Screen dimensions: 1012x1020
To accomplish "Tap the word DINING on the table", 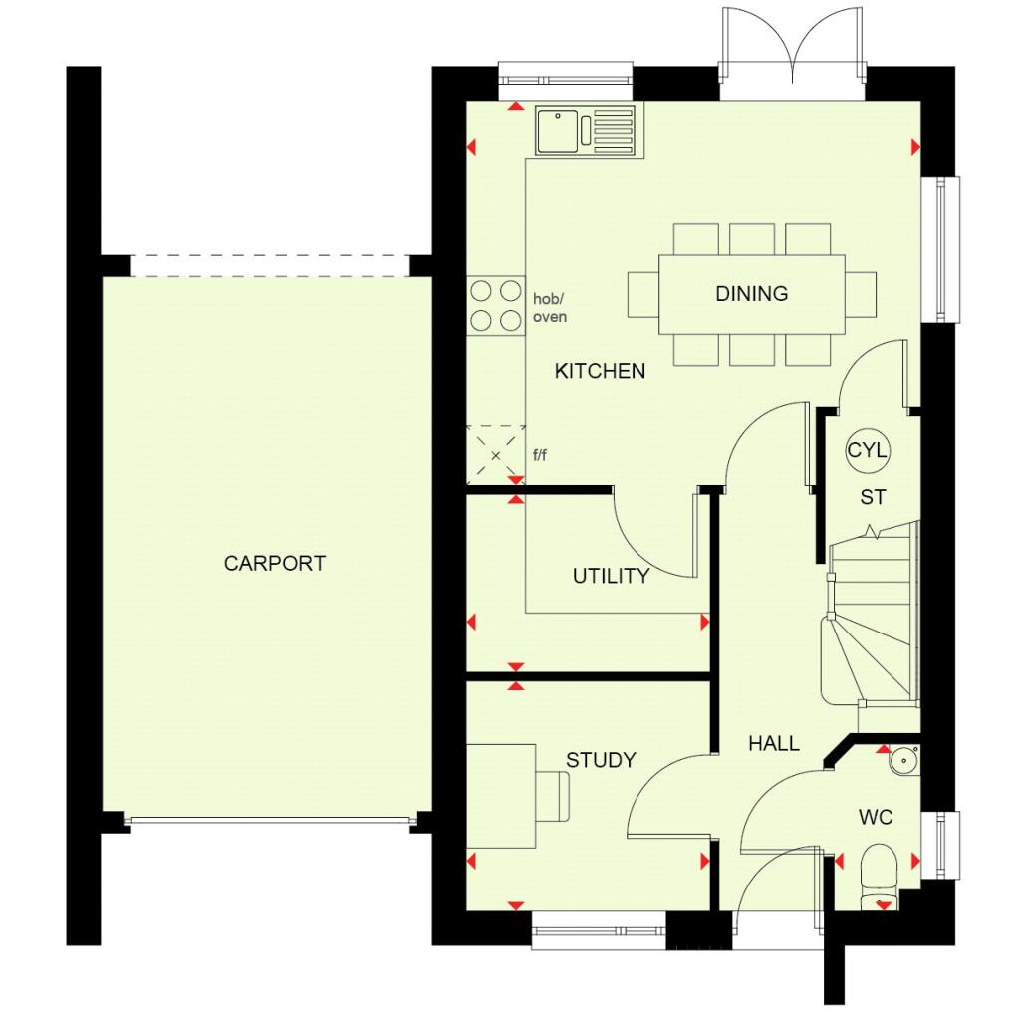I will pyautogui.click(x=751, y=294).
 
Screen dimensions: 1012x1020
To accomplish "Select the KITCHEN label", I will pyautogui.click(x=600, y=371).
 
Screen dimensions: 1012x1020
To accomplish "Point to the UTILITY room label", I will pyautogui.click(x=611, y=576).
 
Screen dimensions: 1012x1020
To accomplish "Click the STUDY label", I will pyautogui.click(x=601, y=760).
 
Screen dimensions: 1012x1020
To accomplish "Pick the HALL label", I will pyautogui.click(x=774, y=743).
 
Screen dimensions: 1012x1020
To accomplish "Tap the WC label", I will pyautogui.click(x=876, y=818).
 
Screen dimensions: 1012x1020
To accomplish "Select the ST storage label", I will pyautogui.click(x=873, y=496).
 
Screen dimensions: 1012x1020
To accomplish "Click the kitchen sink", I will pyautogui.click(x=584, y=131).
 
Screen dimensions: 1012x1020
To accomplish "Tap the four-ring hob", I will pyautogui.click(x=496, y=305).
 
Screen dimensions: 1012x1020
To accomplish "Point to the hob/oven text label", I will pyautogui.click(x=550, y=307).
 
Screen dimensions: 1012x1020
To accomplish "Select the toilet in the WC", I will pyautogui.click(x=879, y=873).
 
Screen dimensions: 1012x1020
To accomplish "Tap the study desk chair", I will pyautogui.click(x=553, y=797).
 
